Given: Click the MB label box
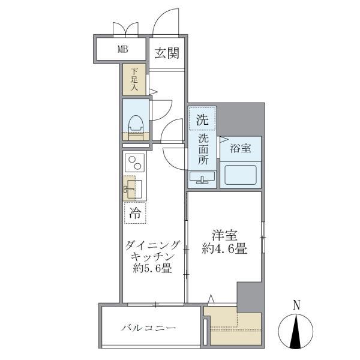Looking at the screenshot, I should [x=122, y=49].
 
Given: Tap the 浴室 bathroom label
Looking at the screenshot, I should [x=240, y=148].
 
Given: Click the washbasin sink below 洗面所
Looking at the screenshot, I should [x=203, y=178].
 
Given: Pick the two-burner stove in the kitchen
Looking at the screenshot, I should [x=135, y=163].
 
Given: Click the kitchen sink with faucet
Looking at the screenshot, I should [x=134, y=189].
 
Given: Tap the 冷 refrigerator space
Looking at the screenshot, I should [x=136, y=212].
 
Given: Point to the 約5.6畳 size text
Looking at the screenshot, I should [x=153, y=269].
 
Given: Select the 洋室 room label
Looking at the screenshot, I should [x=225, y=235].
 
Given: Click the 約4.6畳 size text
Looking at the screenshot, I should [x=225, y=249].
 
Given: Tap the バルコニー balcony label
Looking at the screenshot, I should [x=148, y=328].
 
